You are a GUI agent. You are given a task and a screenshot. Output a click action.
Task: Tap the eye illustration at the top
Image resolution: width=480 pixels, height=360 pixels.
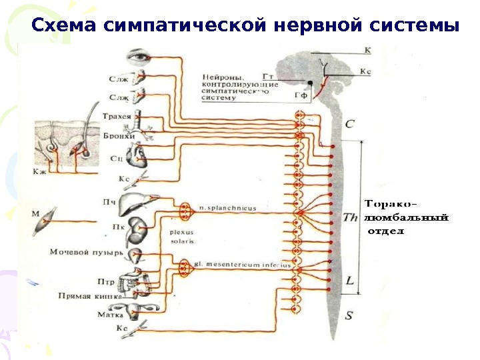(141, 57)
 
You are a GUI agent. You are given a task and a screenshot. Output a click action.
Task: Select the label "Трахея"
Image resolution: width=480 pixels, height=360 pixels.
(116, 116)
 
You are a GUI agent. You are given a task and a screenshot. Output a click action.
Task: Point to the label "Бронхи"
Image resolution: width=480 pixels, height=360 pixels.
(119, 136)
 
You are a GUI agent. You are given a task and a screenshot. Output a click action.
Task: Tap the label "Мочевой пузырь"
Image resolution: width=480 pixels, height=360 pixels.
(87, 252)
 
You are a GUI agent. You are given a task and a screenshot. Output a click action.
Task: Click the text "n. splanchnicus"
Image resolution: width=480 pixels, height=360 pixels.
(227, 209)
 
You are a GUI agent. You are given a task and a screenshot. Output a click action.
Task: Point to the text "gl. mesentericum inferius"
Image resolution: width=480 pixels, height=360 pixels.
(243, 265)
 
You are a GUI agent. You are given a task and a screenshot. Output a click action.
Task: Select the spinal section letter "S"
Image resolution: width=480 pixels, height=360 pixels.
(349, 315)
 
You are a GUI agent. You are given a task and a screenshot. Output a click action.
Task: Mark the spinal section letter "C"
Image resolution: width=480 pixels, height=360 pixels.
(351, 125)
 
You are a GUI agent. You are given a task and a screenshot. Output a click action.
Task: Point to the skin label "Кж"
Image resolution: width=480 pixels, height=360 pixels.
(41, 171)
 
